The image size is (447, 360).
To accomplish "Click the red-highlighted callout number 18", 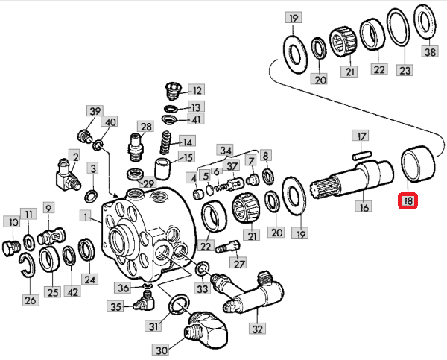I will [409, 200].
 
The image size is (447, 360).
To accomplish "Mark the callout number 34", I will [225, 150].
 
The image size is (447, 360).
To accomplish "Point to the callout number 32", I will [258, 328].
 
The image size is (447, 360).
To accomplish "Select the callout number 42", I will [72, 293].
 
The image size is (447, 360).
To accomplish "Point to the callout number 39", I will [95, 111].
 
